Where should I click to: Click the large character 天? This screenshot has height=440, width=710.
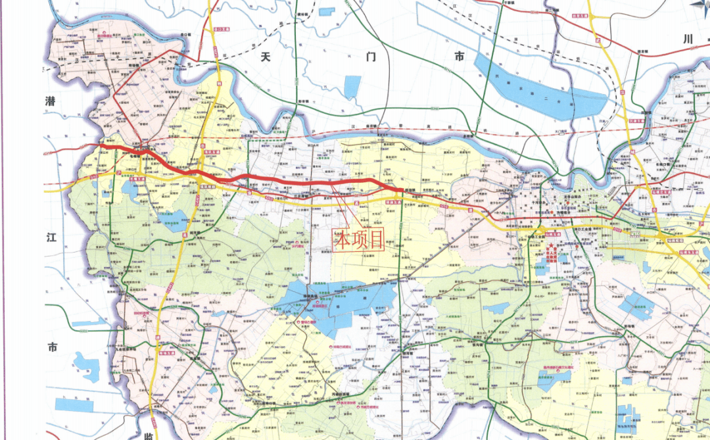(266, 57)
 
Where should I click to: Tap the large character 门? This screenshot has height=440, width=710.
(370, 57)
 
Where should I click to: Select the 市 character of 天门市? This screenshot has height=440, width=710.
(459, 57)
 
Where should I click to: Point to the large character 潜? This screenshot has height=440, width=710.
(51, 101)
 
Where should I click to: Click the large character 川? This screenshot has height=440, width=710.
(688, 39)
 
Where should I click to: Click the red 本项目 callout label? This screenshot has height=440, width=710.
(359, 240)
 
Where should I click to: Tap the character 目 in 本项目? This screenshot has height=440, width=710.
(376, 240)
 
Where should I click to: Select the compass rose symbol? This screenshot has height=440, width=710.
(699, 7)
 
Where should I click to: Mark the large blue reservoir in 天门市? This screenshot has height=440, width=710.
(539, 92)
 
